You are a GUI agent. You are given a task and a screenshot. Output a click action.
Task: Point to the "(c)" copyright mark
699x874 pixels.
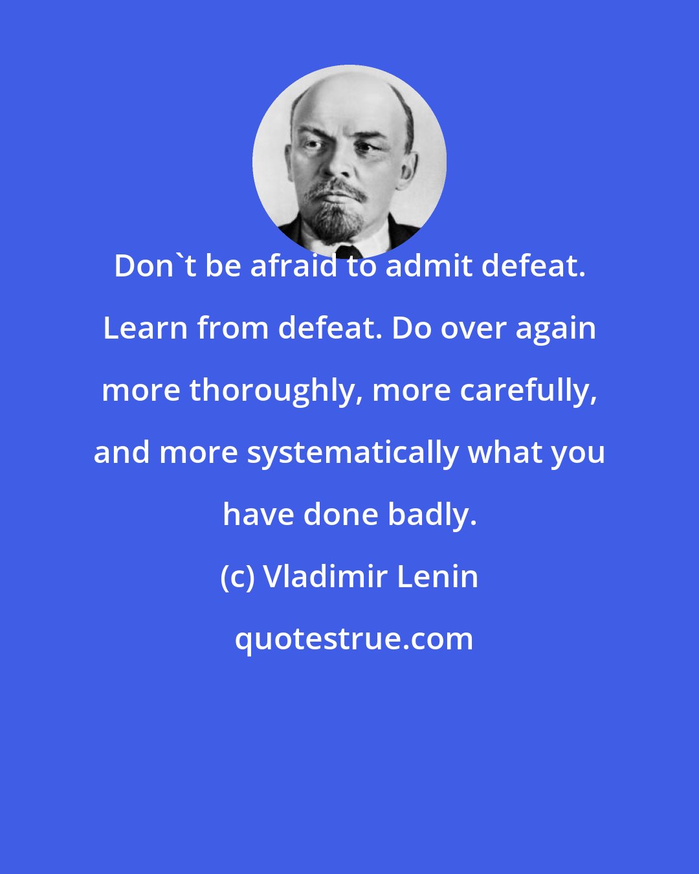pyautogui.click(x=237, y=577)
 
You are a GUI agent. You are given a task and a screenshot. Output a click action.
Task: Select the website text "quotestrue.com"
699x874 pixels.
pyautogui.click(x=354, y=640)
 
